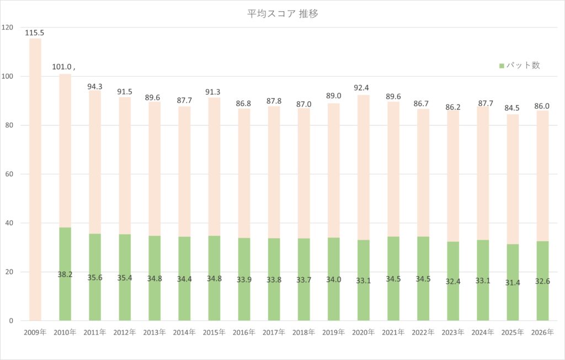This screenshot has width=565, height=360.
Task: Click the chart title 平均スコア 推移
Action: pos(282,14)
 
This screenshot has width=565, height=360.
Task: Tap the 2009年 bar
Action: pos(35,179)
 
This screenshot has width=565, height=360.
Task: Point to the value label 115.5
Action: pos(35,33)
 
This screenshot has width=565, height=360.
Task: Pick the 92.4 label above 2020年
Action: pos(363,87)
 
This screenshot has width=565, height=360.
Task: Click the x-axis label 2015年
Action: pos(214,332)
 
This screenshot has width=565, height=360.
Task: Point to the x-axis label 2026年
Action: pos(542,332)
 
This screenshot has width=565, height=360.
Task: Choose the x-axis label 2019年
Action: pos(333,332)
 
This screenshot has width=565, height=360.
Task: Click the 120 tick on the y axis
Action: pos(8,27)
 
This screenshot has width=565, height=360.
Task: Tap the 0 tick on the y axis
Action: pos(11,321)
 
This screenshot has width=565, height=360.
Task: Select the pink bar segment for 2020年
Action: pos(363,166)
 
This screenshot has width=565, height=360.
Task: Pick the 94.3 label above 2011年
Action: pos(94,87)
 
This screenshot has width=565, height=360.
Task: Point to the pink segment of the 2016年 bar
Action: pos(244,171)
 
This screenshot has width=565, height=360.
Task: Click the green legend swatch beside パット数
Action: pos(502,66)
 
